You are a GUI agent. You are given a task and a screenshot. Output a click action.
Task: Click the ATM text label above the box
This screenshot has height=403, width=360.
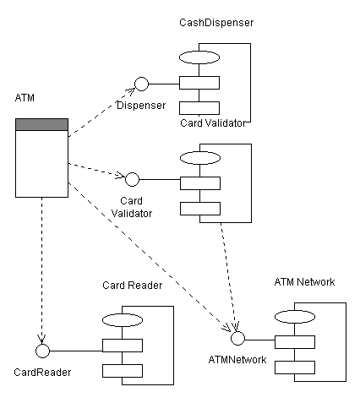25,99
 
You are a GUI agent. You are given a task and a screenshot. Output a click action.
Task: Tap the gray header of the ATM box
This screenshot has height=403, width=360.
41,125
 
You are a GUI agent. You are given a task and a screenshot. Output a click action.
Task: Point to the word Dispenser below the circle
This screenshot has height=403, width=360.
141,106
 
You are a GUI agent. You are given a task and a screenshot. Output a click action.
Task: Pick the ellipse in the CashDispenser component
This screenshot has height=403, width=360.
199,57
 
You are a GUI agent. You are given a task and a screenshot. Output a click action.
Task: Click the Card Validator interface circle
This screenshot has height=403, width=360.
132,179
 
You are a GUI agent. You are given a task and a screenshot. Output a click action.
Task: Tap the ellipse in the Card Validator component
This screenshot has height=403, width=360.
199,158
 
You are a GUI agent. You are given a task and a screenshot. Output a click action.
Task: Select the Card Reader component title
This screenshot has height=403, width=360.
132,285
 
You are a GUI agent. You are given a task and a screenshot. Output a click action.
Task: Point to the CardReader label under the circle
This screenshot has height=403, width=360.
43,372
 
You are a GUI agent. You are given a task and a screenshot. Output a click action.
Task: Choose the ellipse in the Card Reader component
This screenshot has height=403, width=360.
123,320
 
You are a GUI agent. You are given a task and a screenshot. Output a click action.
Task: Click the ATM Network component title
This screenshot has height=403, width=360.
305,281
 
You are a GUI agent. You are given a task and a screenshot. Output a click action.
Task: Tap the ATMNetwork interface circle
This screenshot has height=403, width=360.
238,338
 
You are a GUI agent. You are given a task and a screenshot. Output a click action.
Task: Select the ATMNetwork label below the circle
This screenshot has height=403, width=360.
237,360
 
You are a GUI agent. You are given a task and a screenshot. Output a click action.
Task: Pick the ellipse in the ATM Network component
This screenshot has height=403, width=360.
294,317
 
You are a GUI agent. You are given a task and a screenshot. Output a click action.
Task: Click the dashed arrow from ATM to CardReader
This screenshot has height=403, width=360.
41,270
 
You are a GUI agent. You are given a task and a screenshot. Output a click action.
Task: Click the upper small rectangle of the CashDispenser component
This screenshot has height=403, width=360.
199,83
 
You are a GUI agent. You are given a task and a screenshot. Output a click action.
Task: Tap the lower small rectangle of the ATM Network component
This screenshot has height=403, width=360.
294,367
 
